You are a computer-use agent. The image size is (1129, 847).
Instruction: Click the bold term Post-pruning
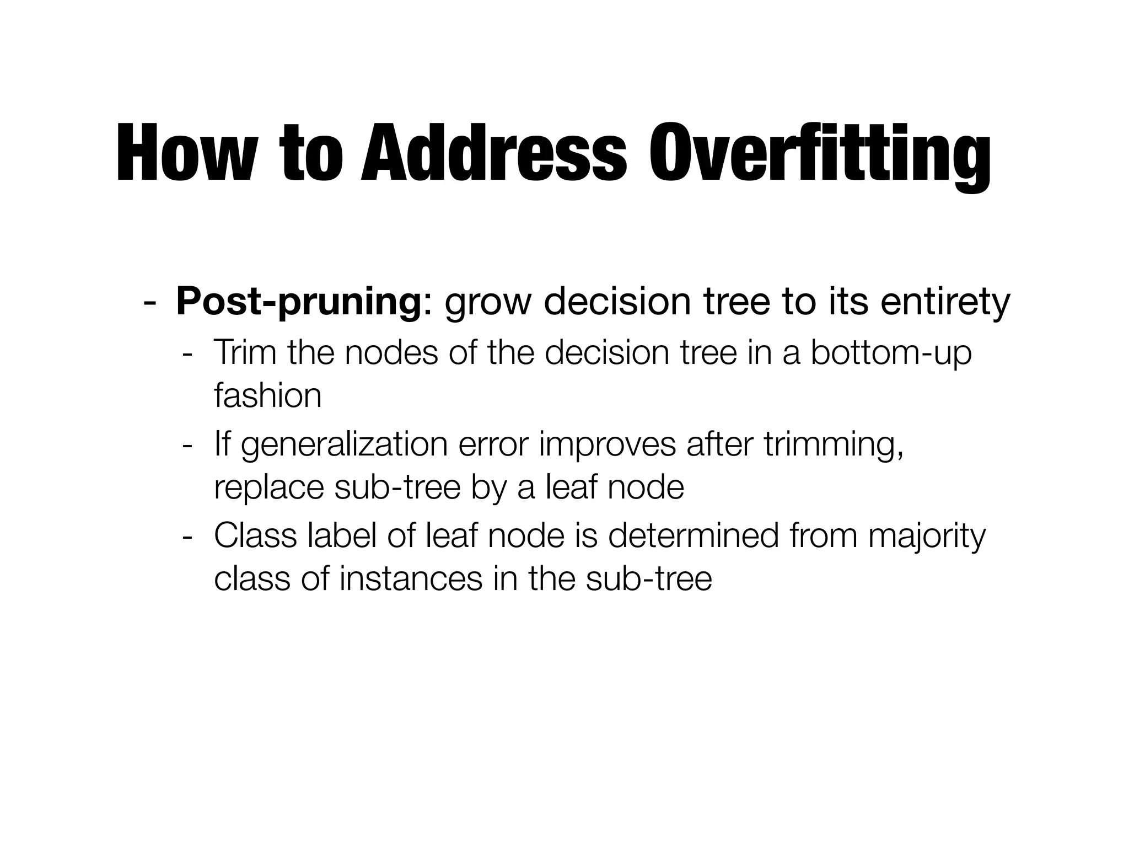(298, 304)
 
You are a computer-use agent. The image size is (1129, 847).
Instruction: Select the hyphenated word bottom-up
(891, 354)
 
